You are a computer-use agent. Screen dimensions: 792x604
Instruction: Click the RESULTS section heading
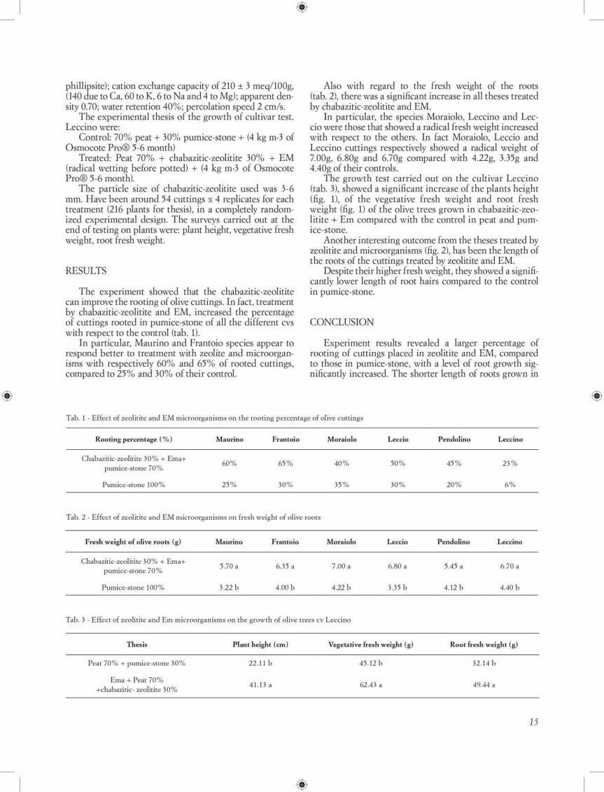pos(86,270)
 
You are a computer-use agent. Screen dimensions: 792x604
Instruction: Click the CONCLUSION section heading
pos(342,323)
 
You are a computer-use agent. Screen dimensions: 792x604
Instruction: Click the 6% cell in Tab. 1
pos(510,485)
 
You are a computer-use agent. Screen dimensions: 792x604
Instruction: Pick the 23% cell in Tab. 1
pos(510,463)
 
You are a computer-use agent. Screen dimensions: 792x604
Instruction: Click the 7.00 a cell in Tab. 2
pos(342,566)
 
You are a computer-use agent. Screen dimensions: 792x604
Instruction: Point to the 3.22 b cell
pos(229,588)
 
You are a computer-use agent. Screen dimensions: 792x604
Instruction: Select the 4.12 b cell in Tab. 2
pos(454,588)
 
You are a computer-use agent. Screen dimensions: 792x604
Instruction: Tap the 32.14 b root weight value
pos(484,663)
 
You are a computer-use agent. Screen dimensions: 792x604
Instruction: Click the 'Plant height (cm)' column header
pos(260,644)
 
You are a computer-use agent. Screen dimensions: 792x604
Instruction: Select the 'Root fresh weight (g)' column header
pos(484,644)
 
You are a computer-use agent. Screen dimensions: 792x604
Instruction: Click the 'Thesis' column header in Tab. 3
pos(136,644)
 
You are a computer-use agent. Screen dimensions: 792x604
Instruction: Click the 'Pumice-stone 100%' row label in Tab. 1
pos(133,485)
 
